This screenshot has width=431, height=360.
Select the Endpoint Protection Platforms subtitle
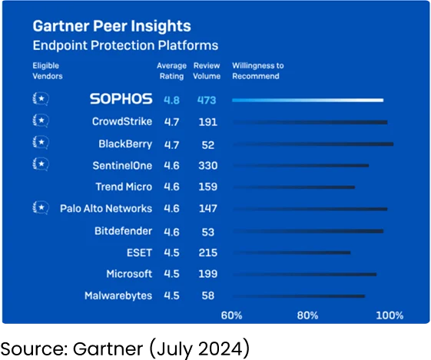click(x=124, y=46)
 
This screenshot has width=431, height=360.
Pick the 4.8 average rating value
click(x=172, y=100)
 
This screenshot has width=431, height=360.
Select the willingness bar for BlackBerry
click(x=313, y=144)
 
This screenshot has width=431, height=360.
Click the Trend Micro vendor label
click(x=124, y=187)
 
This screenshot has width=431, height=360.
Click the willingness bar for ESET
click(x=291, y=252)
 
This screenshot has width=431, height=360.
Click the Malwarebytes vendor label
click(x=118, y=296)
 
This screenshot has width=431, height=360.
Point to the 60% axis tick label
click(x=232, y=315)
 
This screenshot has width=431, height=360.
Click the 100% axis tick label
click(x=390, y=315)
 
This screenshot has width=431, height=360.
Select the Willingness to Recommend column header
click(x=258, y=71)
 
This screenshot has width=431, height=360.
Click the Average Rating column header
click(x=171, y=71)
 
